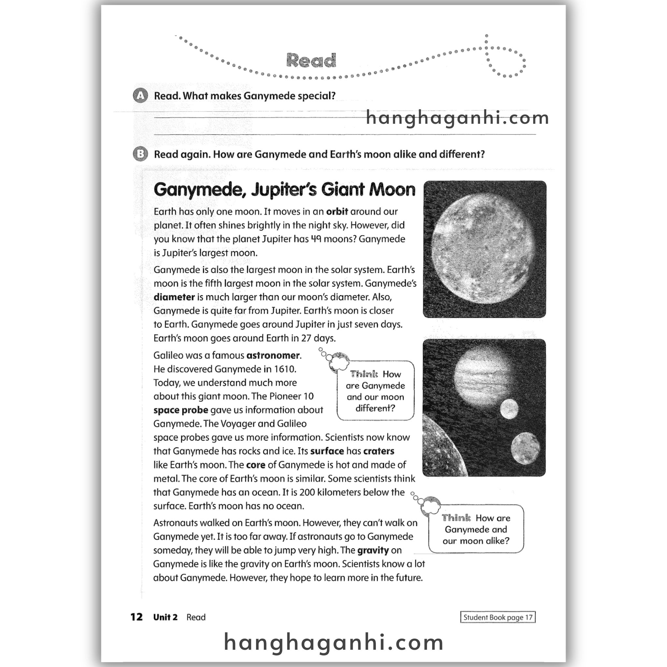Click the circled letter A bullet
[x=140, y=96]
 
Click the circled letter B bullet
[x=140, y=154]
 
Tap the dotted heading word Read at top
[x=311, y=61]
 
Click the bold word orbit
[x=337, y=211]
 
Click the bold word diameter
[x=174, y=297]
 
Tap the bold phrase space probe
[x=180, y=410]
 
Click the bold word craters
[x=379, y=451]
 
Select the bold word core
[x=255, y=465]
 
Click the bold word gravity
[x=373, y=550]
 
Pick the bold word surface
[x=327, y=451]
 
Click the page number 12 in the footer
[x=136, y=617]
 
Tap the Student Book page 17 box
[x=498, y=617]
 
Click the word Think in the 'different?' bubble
[x=364, y=374]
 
